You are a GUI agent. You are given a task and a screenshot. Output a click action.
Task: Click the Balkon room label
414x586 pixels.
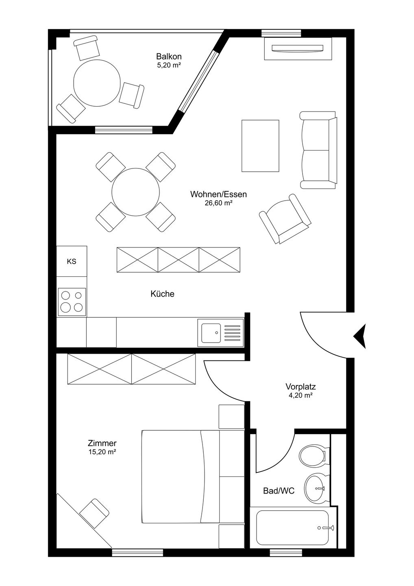coord(169,56)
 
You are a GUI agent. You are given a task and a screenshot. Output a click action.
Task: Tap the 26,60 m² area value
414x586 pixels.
coord(218,203)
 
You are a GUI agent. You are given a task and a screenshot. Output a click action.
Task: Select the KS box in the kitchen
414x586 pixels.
coord(72,261)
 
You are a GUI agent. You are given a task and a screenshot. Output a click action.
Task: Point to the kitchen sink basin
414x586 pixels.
coord(211,332)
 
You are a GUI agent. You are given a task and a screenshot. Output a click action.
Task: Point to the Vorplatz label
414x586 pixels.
coord(301,387)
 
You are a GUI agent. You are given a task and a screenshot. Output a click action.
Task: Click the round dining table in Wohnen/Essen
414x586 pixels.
coord(135,192)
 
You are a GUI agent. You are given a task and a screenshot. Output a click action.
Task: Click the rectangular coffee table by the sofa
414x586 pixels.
coord(260,146)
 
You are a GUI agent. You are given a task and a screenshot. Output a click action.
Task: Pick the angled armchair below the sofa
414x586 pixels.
coord(285,219)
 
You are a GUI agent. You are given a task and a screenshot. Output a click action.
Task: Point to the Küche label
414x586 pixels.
coord(162,294)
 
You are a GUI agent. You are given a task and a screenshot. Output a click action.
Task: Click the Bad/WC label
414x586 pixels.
coord(279,491)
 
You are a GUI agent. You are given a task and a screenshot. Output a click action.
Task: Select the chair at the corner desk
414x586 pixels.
coord(94,513)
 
